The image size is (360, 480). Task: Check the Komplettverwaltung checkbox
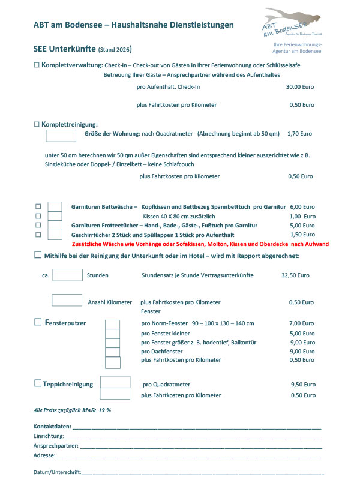coord(37,64)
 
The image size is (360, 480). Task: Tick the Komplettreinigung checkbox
coord(37,124)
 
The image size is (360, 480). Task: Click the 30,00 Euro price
coord(301,87)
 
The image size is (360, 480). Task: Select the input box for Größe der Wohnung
coord(61,136)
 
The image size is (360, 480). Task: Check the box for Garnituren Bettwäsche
coord(38,206)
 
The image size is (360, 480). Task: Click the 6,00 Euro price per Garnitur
coord(302,206)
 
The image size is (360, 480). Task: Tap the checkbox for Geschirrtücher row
coord(38,235)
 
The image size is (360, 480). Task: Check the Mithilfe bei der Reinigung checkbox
coord(37,256)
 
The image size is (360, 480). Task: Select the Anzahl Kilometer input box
coord(67,300)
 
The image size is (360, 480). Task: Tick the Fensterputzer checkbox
coord(38,323)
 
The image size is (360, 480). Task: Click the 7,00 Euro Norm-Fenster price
coord(302,323)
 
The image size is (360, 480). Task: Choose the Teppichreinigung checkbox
coord(38,383)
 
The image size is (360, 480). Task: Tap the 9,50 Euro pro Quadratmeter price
coord(302,384)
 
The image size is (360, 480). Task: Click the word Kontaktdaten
coord(52,427)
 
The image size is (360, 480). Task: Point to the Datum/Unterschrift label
coord(57,472)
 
